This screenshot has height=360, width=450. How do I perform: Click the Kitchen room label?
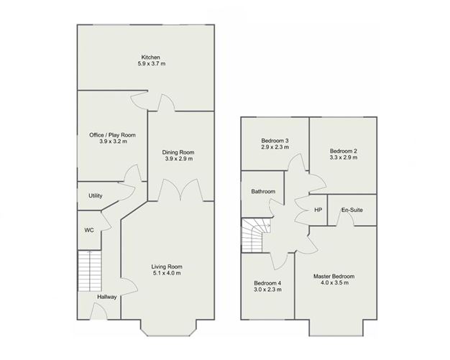[x=150, y=57]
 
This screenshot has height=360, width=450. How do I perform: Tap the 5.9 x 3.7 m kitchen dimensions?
[x=151, y=64]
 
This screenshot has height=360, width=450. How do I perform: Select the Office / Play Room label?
[x=112, y=134]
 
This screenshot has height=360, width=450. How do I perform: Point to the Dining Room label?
[x=179, y=152]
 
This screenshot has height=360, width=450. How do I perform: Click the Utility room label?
[x=95, y=195]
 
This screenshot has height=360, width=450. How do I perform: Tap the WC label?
[x=89, y=230]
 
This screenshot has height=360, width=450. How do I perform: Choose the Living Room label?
[x=167, y=266]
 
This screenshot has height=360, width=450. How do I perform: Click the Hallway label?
[x=107, y=297]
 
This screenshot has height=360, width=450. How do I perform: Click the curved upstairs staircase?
[x=255, y=236]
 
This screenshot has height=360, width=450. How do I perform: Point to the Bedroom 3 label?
[x=275, y=140]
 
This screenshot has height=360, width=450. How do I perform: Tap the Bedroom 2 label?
[x=344, y=150]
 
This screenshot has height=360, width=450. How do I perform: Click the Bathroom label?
[x=263, y=192]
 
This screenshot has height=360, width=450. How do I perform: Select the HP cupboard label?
[x=318, y=209]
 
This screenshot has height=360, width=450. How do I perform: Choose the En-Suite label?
[x=352, y=209]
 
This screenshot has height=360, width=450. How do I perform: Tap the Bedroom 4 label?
[x=267, y=282]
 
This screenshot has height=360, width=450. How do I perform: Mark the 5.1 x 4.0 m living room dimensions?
[x=167, y=273]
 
